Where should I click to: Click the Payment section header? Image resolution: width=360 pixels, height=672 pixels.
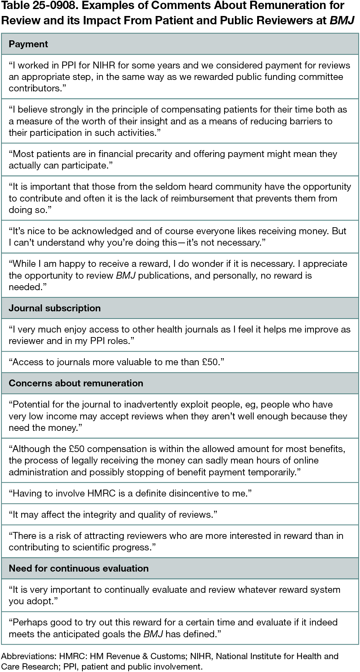(x=28, y=44)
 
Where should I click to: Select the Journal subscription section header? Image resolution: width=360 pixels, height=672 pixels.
(x=55, y=308)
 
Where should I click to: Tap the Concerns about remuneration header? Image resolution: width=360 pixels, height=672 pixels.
(x=76, y=383)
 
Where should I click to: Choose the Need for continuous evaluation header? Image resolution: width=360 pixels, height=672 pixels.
(x=79, y=568)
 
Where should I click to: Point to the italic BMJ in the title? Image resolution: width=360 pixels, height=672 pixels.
(x=342, y=21)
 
